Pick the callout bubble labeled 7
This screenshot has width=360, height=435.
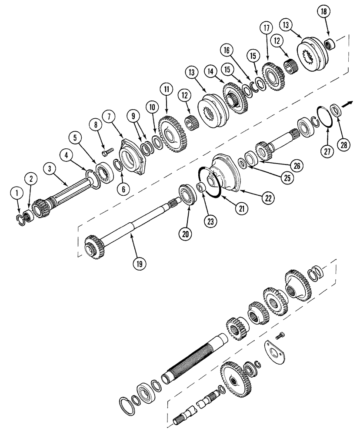[x=109, y=117]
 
